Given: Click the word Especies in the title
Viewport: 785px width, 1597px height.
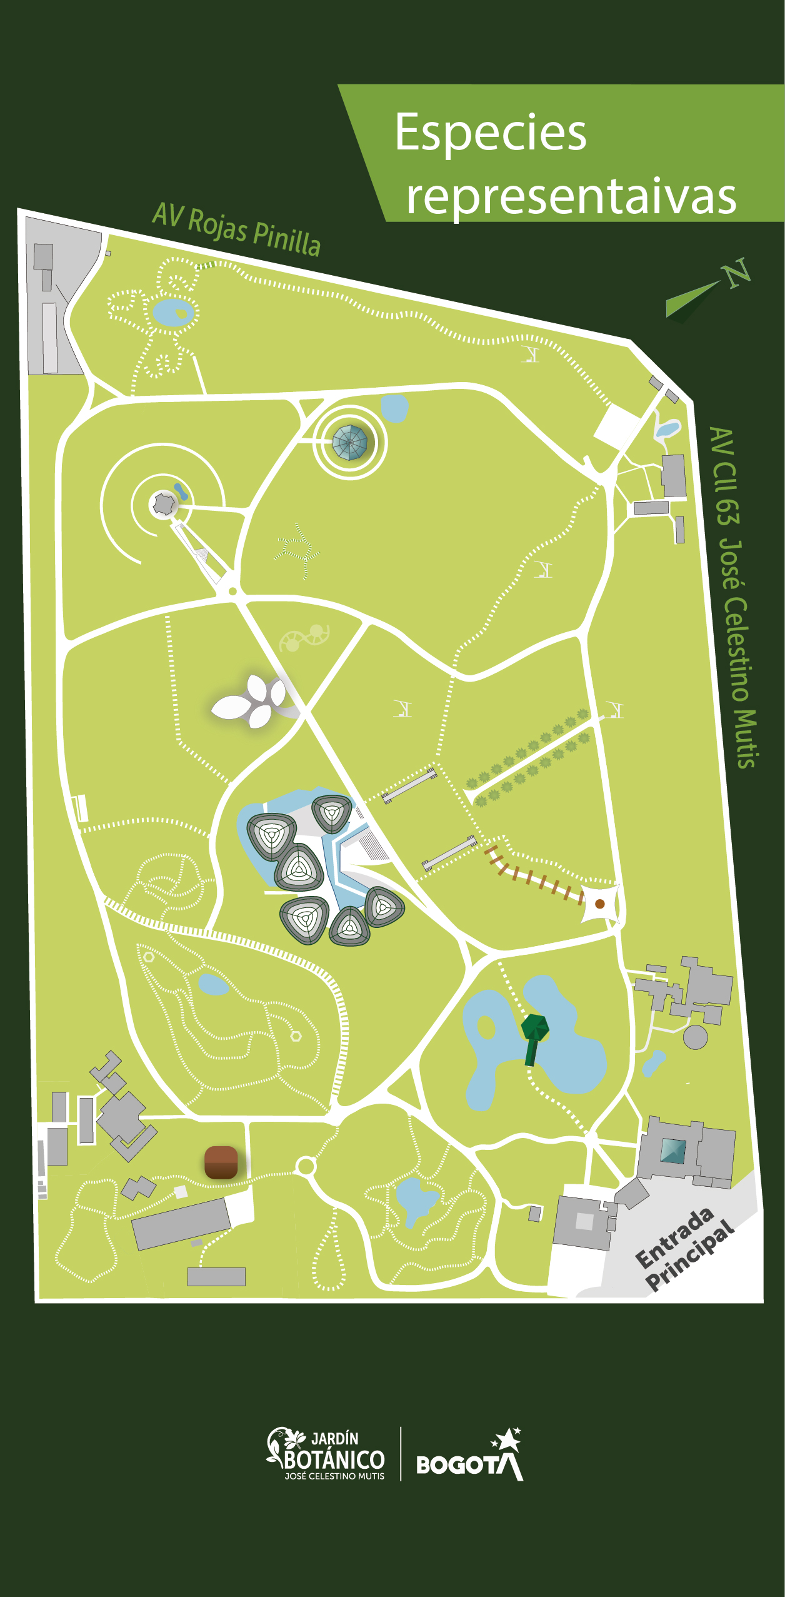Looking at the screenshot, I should [491, 133].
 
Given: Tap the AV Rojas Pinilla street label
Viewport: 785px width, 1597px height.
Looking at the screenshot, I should [236, 229].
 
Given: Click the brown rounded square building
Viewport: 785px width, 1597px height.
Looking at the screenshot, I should [221, 1162].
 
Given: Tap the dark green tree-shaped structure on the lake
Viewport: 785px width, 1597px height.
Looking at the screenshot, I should [534, 1037].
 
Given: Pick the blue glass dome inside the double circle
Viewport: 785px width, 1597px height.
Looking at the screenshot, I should [349, 442].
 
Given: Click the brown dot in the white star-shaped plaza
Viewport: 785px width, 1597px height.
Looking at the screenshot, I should [600, 904].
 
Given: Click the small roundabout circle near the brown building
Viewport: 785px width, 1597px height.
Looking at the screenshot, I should [306, 1166].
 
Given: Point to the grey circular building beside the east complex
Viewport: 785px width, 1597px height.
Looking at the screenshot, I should [695, 1037].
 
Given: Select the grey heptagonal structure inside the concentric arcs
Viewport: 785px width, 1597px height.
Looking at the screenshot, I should [164, 503].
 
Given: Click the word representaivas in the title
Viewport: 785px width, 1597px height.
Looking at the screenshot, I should [571, 196].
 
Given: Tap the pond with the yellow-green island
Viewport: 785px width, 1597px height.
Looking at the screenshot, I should [173, 312].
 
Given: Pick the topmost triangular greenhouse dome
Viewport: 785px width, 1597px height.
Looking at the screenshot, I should [331, 812].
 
